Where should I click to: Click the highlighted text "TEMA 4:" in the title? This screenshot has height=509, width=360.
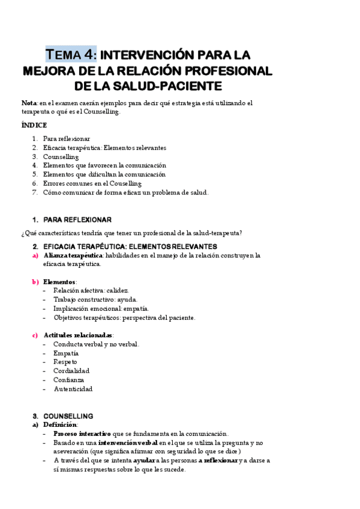pyautogui.click(x=71, y=55)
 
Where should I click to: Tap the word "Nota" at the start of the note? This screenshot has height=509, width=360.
pyautogui.click(x=28, y=103)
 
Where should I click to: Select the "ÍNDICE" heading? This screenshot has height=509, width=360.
pyautogui.click(x=34, y=125)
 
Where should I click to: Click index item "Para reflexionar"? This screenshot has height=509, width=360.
pyautogui.click(x=67, y=139)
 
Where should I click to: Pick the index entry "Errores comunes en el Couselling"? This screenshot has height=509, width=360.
pyautogui.click(x=92, y=183)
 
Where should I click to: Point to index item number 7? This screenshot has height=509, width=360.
pyautogui.click(x=35, y=192)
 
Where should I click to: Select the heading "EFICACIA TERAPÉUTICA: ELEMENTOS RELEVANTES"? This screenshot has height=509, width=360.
pyautogui.click(x=130, y=247)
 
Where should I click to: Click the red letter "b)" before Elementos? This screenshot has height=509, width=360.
pyautogui.click(x=35, y=282)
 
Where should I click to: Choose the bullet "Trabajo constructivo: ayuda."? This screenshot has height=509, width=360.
pyautogui.click(x=95, y=300)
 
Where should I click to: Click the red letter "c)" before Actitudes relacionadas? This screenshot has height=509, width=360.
pyautogui.click(x=35, y=335)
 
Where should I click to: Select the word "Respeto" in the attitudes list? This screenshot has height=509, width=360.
pyautogui.click(x=66, y=362)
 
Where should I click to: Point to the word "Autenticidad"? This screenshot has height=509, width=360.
pyautogui.click(x=73, y=389)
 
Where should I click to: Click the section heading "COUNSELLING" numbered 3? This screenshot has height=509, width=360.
pyautogui.click(x=68, y=415)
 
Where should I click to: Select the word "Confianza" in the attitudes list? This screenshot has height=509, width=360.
pyautogui.click(x=68, y=380)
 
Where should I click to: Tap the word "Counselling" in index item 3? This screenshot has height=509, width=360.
pyautogui.click(x=61, y=157)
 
